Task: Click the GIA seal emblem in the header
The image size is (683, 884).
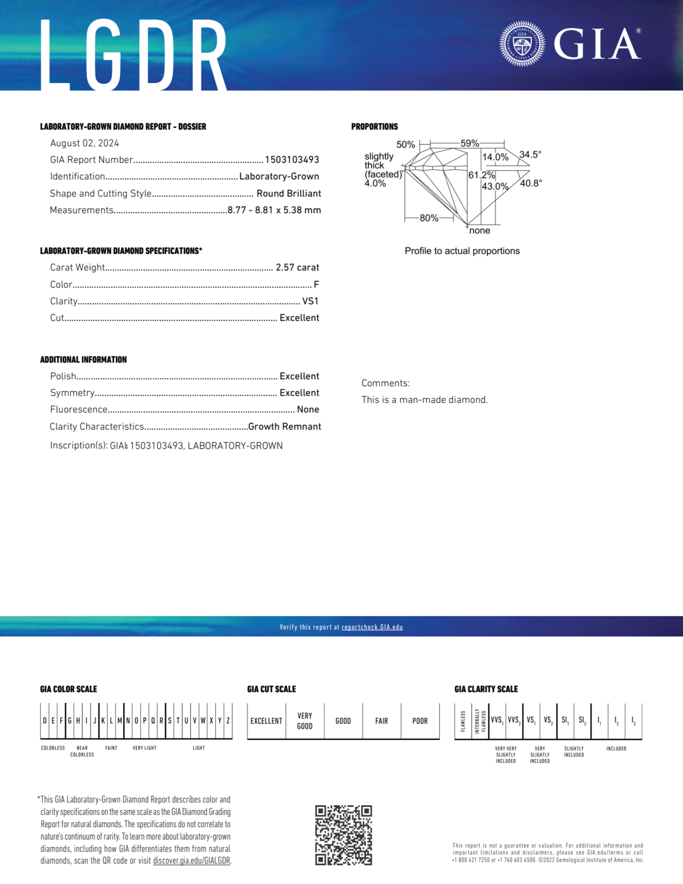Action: point(522,44)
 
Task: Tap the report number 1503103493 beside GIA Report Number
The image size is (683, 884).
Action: point(292,160)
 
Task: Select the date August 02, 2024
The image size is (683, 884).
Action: point(84,143)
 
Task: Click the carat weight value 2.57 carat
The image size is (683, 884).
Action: point(297,268)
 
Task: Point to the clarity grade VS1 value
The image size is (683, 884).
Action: point(310,301)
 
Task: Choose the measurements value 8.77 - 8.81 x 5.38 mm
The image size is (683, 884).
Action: point(274,210)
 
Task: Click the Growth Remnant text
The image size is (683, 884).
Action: point(284,427)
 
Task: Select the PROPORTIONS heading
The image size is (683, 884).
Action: point(374,127)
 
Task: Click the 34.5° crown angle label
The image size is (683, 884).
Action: point(530,155)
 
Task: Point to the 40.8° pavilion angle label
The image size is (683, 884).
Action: point(531,183)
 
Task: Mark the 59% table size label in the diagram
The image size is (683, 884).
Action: point(469,143)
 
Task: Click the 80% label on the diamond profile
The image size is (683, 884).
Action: point(429,218)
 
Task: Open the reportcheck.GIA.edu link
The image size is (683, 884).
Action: point(372,627)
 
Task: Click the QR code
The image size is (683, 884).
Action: point(343,835)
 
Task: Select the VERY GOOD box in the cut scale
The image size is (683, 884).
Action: point(304,721)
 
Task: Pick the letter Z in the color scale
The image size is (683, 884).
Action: point(228,721)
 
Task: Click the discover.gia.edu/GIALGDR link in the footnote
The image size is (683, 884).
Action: point(191,860)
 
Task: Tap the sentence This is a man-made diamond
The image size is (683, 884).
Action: point(424,400)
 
